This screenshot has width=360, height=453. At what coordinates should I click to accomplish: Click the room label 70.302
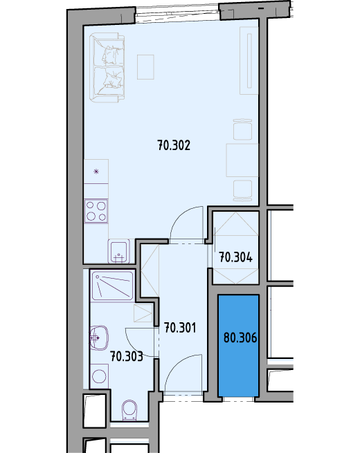click(x=174, y=145)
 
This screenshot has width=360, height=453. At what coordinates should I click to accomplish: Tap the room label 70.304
click(x=235, y=257)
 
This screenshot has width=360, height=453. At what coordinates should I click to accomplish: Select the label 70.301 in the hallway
click(x=180, y=328)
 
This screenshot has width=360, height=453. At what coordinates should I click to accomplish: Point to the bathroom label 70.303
click(x=127, y=356)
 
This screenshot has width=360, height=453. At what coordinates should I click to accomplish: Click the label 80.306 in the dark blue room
click(x=240, y=338)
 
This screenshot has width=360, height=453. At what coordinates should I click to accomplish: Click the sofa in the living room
click(x=107, y=68)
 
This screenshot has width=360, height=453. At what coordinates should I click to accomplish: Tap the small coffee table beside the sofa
click(x=145, y=66)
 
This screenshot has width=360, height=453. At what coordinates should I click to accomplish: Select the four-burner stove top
click(x=96, y=211)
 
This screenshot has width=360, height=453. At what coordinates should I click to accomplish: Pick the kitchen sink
click(x=119, y=251)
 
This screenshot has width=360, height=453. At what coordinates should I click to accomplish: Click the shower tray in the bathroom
click(x=112, y=286)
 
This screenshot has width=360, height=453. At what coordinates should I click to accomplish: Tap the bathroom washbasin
click(x=99, y=338)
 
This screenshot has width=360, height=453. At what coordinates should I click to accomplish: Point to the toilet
click(x=129, y=410)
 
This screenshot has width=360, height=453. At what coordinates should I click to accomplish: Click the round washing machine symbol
click(x=99, y=376)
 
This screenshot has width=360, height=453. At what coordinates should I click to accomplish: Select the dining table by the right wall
click(x=242, y=160)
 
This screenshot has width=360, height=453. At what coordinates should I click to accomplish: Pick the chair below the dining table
click(x=242, y=190)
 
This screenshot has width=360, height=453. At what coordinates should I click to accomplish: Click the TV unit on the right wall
click(x=249, y=61)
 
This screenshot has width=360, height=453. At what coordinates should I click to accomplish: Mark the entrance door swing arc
click(x=174, y=364)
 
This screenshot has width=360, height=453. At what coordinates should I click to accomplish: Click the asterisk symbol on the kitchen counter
click(x=96, y=172)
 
